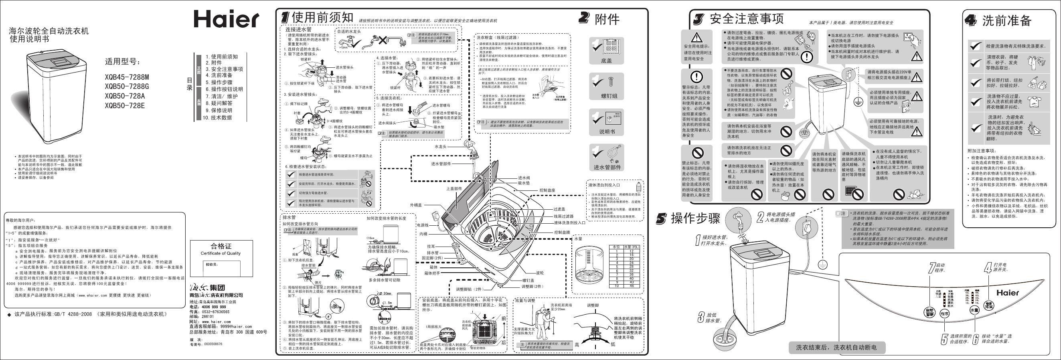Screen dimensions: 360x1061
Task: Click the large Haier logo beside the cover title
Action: [x=226, y=18]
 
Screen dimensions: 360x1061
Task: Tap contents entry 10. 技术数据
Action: [x=217, y=118]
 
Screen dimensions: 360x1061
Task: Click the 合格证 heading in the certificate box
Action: [x=221, y=246]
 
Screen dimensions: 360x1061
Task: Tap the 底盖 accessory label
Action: [x=606, y=61]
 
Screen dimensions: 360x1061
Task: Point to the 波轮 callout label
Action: [x=540, y=273]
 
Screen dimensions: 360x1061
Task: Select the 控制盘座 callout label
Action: [x=547, y=190]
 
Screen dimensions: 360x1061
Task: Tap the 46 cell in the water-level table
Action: [x=631, y=286]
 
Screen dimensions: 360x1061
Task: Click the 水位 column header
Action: [x=617, y=247]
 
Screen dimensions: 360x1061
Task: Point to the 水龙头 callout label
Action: [x=441, y=146]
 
